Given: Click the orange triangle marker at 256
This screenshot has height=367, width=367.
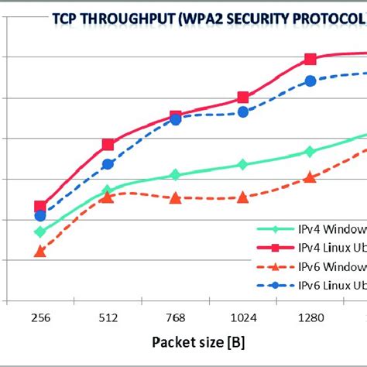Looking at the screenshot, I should [40, 252].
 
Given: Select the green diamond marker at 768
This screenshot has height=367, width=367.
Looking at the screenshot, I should [175, 175].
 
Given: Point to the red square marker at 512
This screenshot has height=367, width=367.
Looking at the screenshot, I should [108, 145].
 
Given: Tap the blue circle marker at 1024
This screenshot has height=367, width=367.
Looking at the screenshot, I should [242, 111].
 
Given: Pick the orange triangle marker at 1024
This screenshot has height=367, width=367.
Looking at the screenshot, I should [242, 197].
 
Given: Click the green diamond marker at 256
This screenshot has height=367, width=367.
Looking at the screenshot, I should [40, 232].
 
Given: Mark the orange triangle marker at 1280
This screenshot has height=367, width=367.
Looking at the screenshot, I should [310, 177].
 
